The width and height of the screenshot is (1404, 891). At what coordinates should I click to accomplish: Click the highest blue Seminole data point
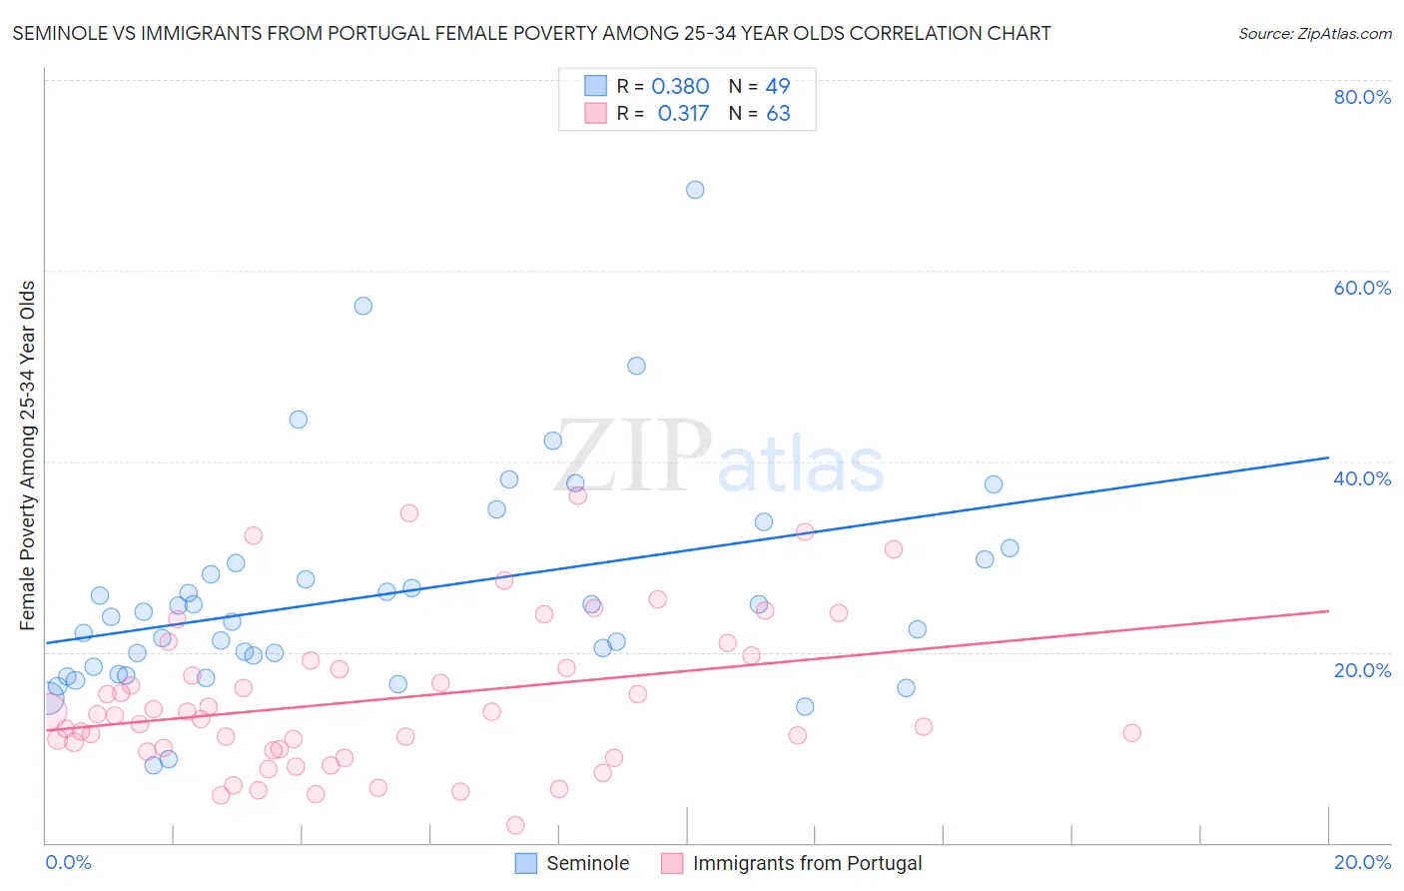[695, 190]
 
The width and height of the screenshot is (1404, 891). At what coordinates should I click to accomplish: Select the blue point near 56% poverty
[363, 306]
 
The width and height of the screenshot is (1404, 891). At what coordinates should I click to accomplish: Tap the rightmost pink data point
[1131, 733]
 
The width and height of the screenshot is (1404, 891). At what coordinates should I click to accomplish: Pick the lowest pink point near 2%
[515, 825]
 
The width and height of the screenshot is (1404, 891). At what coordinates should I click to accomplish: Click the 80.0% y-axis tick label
[1362, 97]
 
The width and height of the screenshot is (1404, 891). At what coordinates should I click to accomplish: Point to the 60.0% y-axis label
[1362, 288]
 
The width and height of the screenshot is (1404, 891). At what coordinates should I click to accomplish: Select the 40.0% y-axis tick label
[1362, 478]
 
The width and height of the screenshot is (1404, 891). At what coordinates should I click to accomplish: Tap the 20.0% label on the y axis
[1362, 669]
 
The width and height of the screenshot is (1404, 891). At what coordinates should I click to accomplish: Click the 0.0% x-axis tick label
[68, 862]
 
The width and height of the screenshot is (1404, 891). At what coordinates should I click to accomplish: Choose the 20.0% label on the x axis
[1362, 862]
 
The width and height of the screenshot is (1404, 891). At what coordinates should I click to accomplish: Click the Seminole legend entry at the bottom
[587, 863]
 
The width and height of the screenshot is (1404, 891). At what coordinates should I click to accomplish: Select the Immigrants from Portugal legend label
[807, 863]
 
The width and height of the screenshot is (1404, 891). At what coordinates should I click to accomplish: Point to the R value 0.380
[680, 87]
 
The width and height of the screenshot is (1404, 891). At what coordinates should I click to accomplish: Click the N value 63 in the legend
[778, 114]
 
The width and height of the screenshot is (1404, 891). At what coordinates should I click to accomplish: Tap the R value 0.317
[683, 114]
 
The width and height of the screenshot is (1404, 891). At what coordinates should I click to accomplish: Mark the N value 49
[778, 87]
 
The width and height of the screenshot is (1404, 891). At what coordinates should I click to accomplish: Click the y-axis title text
[28, 455]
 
